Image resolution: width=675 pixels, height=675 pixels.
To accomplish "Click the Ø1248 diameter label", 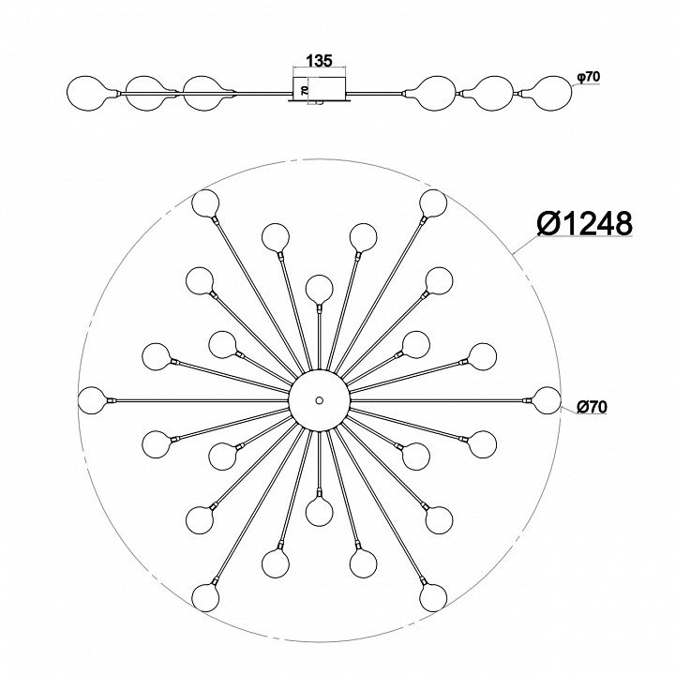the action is pos(585,223).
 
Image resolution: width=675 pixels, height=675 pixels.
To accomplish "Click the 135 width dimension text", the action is pos(319,61).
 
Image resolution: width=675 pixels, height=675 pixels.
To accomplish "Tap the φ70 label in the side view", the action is pos(588,77).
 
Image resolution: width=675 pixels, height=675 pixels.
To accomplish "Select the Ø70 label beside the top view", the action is pos(592,407).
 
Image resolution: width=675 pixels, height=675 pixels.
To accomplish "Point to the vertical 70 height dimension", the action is pos(305,90).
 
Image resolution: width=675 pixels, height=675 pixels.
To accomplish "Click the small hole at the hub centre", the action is pos(319,400).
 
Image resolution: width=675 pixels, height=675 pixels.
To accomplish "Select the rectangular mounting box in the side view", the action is pos(320,90).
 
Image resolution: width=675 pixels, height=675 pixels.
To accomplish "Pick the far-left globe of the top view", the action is pos(93,400).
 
